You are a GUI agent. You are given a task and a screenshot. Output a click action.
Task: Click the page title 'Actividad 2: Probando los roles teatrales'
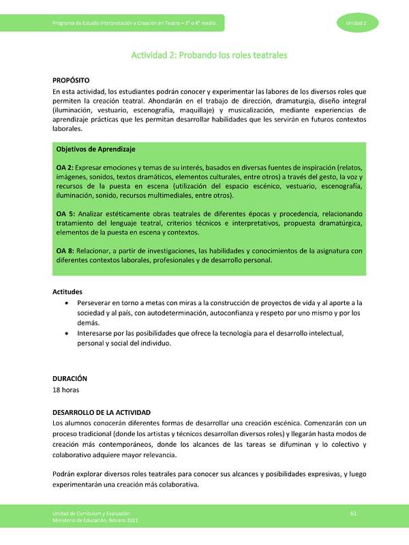pyautogui.click(x=204, y=53)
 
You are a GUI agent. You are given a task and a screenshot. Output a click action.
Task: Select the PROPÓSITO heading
pyautogui.click(x=71, y=80)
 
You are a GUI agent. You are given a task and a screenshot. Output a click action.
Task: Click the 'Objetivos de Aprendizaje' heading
pyautogui.click(x=95, y=149)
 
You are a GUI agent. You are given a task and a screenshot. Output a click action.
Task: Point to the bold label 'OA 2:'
pyautogui.click(x=65, y=168)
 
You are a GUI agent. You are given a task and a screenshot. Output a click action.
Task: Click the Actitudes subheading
pyautogui.click(x=67, y=292)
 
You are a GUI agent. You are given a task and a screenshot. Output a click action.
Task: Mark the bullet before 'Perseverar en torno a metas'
pyautogui.click(x=65, y=302)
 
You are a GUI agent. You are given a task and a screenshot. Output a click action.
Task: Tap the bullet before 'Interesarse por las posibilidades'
pyautogui.click(x=65, y=334)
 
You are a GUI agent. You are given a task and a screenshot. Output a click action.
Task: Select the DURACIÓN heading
pyautogui.click(x=70, y=378)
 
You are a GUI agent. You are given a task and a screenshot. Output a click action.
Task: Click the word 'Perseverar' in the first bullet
pyautogui.click(x=95, y=302)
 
